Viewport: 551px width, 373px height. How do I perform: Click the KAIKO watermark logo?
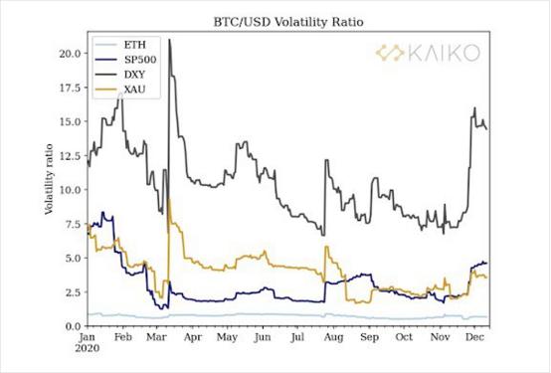tap(428, 54)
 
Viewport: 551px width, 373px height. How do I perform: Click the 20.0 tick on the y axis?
tap(70, 53)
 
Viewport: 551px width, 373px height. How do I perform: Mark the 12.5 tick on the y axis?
tap(70, 155)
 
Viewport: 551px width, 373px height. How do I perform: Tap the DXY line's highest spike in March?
tap(170, 40)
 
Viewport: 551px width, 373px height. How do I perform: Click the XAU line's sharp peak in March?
tap(171, 199)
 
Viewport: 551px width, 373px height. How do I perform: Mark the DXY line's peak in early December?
tap(475, 107)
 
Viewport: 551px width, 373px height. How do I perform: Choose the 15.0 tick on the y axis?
tap(70, 121)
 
